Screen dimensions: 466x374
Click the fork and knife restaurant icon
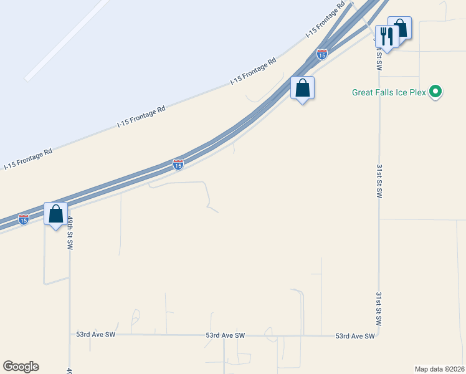click(x=386, y=37)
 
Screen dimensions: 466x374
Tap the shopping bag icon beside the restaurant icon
click(x=399, y=28)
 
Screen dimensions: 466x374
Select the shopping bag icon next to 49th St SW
click(x=56, y=214)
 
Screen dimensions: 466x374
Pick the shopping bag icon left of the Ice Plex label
click(x=302, y=89)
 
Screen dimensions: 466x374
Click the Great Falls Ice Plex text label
click(x=389, y=92)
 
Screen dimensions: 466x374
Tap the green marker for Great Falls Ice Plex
click(x=436, y=92)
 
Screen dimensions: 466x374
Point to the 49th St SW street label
click(x=70, y=233)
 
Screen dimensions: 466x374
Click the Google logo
click(x=21, y=366)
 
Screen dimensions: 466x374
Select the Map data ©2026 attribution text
click(x=439, y=368)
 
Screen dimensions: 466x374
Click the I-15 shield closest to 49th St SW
click(x=23, y=219)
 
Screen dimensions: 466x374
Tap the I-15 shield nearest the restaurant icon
click(x=321, y=55)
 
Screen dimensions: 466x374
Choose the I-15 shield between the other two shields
click(x=178, y=165)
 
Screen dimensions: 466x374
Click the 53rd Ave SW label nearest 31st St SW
click(x=355, y=336)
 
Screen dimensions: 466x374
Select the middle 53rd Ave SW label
click(x=226, y=335)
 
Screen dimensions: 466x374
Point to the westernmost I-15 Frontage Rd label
click(x=28, y=159)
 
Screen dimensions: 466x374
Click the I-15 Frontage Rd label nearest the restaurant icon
click(x=325, y=22)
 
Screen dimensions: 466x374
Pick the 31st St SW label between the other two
click(x=379, y=181)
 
